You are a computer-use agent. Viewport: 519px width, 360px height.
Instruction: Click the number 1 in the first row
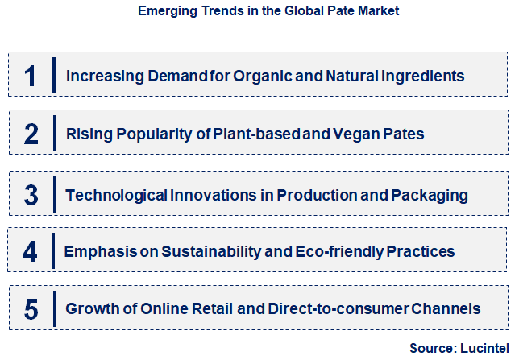31,77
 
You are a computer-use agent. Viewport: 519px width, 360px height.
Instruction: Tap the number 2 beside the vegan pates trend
31,134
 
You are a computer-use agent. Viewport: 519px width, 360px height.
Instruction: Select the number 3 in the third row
31,195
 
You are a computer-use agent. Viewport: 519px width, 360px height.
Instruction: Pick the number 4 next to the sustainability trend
31,252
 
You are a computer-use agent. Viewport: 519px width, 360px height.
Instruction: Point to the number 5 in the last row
31,308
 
